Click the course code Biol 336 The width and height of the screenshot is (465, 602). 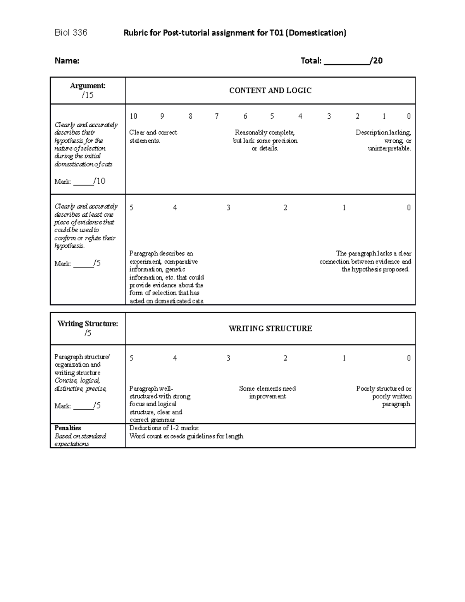tap(71, 33)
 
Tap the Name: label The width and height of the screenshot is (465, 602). tap(67, 60)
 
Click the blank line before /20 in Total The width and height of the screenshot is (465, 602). tap(346, 61)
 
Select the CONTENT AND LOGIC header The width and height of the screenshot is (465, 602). tap(270, 90)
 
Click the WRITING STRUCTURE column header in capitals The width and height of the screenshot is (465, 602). tap(270, 328)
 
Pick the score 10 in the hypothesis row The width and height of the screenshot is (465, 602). tap(133, 116)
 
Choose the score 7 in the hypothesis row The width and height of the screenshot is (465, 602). tap(217, 116)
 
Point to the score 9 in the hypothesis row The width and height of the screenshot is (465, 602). tap(162, 116)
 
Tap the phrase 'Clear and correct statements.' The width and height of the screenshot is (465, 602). tap(153, 136)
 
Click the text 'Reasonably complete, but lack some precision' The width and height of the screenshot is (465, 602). tap(265, 136)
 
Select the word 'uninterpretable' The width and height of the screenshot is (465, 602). tap(389, 148)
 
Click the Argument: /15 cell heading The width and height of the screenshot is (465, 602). tap(88, 90)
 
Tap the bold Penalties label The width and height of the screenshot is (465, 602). tap(68, 428)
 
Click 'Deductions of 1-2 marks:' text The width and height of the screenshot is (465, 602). tap(164, 428)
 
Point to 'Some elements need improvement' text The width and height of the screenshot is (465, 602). tap(267, 392)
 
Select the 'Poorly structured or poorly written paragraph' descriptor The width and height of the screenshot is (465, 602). tap(384, 396)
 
